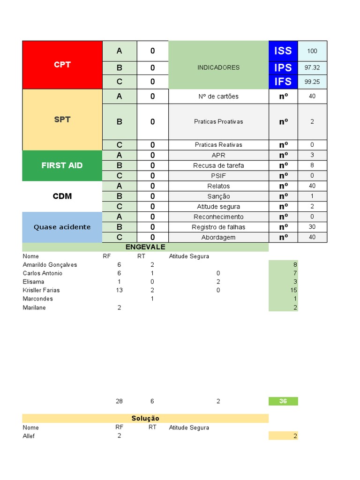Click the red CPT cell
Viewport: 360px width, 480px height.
pyautogui.click(x=62, y=65)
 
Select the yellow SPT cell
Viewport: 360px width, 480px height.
pyautogui.click(x=62, y=120)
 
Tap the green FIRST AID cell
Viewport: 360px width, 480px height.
pyautogui.click(x=62, y=165)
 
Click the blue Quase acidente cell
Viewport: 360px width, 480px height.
pyautogui.click(x=62, y=227)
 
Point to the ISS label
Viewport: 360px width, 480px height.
pyautogui.click(x=283, y=51)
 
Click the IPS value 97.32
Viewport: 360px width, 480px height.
pyautogui.click(x=312, y=67)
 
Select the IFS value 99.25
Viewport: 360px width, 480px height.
pyautogui.click(x=312, y=82)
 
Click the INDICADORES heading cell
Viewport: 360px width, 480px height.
pyautogui.click(x=218, y=67)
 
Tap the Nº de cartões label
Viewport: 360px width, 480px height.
pyautogui.click(x=218, y=97)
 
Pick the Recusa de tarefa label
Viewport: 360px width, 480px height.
pyautogui.click(x=218, y=165)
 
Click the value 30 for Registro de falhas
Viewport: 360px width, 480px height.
pyautogui.click(x=312, y=227)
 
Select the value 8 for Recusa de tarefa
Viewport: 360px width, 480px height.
pyautogui.click(x=312, y=165)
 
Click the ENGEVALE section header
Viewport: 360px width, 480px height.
pyautogui.click(x=145, y=247)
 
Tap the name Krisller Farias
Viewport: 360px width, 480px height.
pyautogui.click(x=41, y=290)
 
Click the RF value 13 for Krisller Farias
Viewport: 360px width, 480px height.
pyautogui.click(x=119, y=290)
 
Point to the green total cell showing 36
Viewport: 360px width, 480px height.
pyautogui.click(x=283, y=401)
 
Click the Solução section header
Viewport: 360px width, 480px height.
pyautogui.click(x=145, y=418)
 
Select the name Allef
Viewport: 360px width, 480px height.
pyautogui.click(x=29, y=436)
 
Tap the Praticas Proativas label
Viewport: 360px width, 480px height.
pyautogui.click(x=218, y=121)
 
